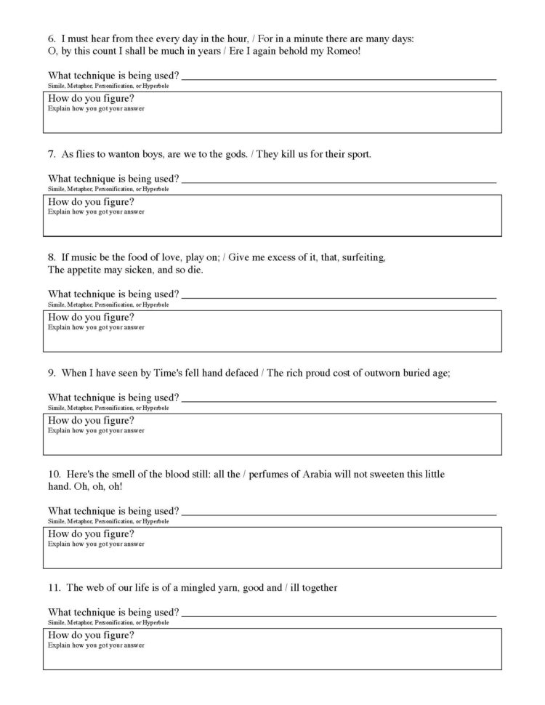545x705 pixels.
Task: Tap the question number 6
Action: pos(52,39)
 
